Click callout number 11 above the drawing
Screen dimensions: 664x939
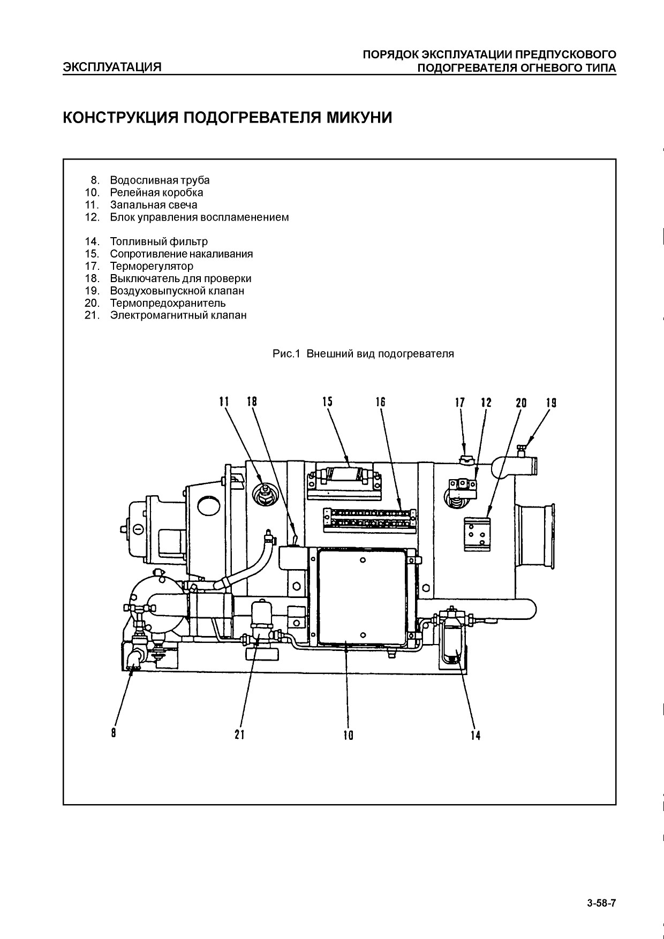[224, 402]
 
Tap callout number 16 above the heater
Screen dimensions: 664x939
[381, 402]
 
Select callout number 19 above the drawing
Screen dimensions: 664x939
[551, 403]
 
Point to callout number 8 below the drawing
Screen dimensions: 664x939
[114, 733]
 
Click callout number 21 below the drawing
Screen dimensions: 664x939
[239, 734]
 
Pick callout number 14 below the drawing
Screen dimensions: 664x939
[476, 736]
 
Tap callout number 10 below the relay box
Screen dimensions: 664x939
[348, 736]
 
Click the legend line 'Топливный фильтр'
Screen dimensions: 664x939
[159, 242]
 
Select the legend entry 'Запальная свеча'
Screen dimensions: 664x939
[154, 205]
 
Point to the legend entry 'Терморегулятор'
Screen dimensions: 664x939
[152, 266]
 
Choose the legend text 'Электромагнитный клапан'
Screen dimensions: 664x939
[178, 315]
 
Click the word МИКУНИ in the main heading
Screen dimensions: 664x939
[359, 117]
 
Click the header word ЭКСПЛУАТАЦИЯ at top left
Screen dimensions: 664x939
[112, 67]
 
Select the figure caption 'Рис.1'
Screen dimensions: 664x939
[288, 354]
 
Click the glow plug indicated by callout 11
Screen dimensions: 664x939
[263, 494]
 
